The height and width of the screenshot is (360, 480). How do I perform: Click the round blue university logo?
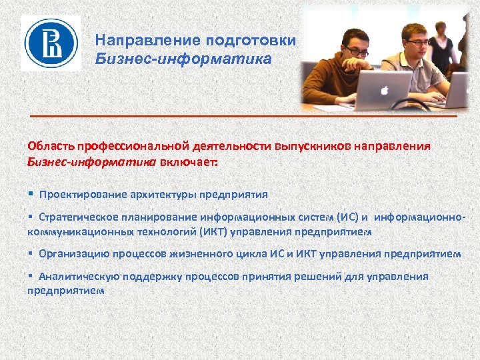(x=51, y=43)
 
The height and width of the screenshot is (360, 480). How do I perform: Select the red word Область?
(x=50, y=146)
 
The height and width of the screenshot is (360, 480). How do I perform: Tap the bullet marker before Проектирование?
(x=31, y=195)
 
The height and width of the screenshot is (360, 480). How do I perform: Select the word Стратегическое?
(x=78, y=217)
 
